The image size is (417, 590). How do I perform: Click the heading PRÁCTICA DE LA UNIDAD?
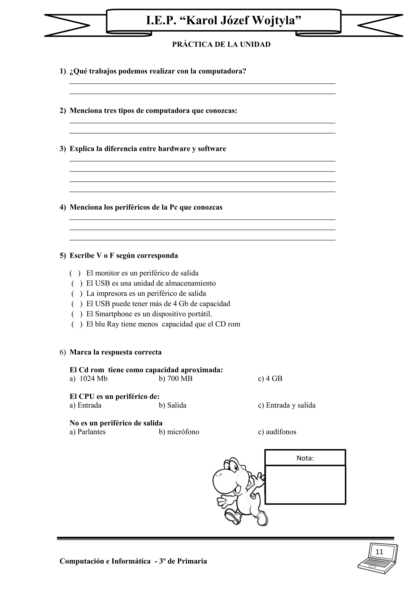[x=221, y=44]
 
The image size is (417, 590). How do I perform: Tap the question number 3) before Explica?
[x=63, y=149]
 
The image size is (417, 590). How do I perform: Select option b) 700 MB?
[x=176, y=379]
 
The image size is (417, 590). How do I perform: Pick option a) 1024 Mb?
[x=89, y=379]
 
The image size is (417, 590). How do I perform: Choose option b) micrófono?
[x=179, y=432]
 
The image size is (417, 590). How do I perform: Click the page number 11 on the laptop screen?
[x=379, y=552]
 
